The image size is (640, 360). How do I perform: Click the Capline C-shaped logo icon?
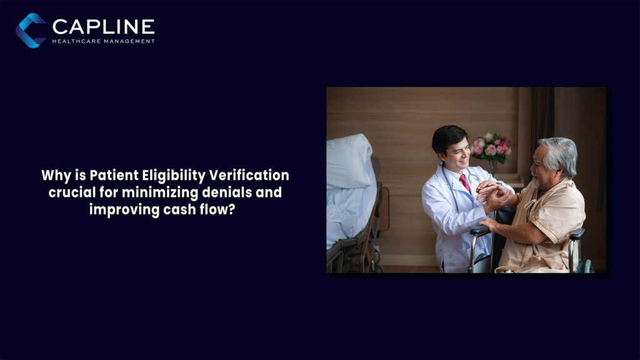tap(31, 30)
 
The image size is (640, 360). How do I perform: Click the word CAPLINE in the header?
tap(103, 26)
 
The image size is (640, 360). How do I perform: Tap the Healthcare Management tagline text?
tap(103, 41)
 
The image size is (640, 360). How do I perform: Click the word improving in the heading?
tap(118, 209)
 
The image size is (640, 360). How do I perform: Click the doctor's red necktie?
tap(465, 183)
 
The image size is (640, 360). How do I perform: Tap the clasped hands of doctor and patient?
tap(491, 191)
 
